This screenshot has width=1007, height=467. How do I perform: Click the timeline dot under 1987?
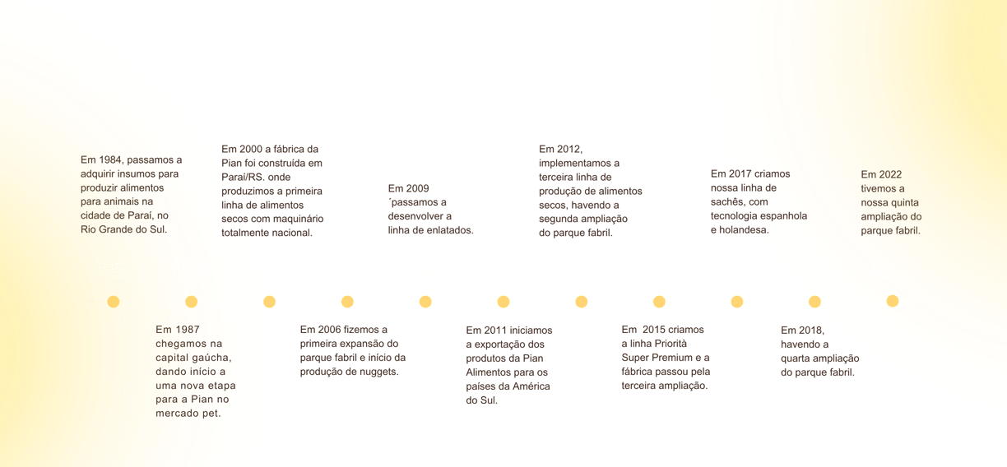[x=192, y=302]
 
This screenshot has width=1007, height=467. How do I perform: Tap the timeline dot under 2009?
[x=425, y=302]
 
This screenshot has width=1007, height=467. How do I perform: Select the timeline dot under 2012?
[x=581, y=302]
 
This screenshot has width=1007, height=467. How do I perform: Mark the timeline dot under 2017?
[x=737, y=302]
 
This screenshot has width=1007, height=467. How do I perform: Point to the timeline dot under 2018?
[x=814, y=302]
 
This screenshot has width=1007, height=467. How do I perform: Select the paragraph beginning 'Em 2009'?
[x=430, y=209]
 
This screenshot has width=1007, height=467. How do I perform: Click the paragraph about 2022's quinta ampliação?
[x=891, y=202]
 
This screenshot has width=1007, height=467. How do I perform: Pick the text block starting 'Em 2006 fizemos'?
[x=352, y=350]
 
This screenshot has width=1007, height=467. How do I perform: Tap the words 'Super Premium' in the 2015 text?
[x=651, y=358]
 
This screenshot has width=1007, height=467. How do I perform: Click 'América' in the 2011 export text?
[x=531, y=386]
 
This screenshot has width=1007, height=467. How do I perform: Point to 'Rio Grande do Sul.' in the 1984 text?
[x=123, y=229]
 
